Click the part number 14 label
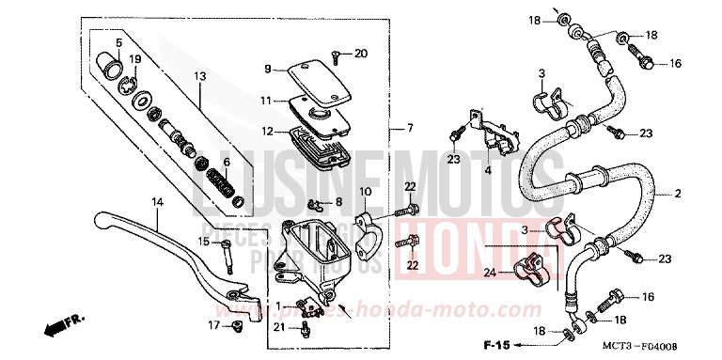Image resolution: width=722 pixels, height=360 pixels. tap(157, 200)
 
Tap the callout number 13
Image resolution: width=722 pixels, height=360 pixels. tap(199, 76)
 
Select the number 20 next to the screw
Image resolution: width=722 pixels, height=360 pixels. tap(362, 53)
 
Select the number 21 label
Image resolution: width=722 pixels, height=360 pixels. tap(279, 326)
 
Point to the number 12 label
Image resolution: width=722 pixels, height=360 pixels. tap(267, 131)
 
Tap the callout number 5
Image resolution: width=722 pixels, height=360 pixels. tap(119, 43)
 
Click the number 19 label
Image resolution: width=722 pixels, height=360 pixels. tap(135, 58)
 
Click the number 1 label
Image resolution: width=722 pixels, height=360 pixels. tap(278, 305)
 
